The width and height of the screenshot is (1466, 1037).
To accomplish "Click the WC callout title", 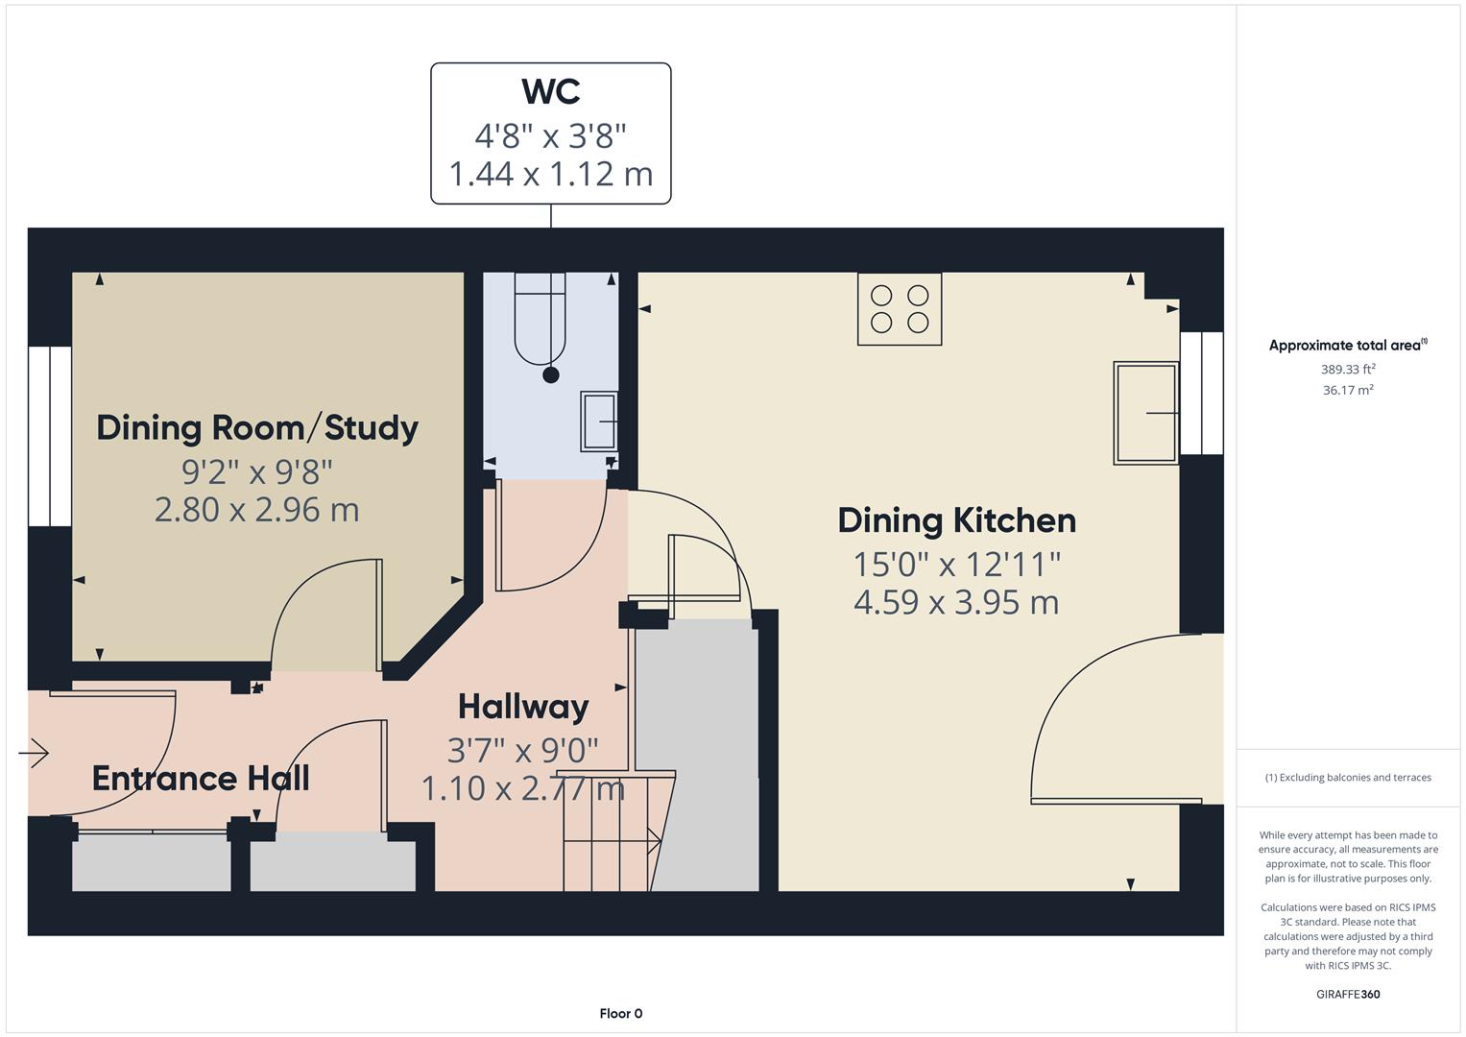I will pos(550,92).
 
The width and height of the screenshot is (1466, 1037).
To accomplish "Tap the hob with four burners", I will pos(899,309).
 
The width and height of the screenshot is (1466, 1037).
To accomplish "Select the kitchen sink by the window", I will pos(1145,413).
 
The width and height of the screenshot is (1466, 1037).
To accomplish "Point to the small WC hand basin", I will pos(599,421).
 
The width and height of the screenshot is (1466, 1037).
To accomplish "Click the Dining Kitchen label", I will pos(956,520).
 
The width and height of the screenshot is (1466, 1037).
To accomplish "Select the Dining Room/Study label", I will pos(257,427).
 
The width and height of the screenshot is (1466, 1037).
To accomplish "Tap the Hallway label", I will pos(523,707).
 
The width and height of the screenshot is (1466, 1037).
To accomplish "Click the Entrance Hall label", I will pos(201,778).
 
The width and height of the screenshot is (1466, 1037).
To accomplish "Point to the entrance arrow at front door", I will pos(34,753).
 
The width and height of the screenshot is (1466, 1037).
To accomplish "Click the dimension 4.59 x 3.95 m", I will pos(956,602).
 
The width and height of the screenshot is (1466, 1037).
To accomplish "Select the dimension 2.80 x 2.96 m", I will pos(257,509).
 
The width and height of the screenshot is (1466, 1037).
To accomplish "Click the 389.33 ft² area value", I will pos(1348,370).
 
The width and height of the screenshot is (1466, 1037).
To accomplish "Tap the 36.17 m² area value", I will pos(1348,390).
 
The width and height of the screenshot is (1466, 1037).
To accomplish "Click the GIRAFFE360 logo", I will pos(1348,994).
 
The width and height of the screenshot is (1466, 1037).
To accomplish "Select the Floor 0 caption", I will pos(620,1013).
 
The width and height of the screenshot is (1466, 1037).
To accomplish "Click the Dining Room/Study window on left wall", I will pos(49,436).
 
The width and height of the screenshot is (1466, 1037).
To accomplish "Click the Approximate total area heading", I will pos(1347,346).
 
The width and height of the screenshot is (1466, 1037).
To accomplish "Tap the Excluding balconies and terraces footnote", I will pos(1348,778).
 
